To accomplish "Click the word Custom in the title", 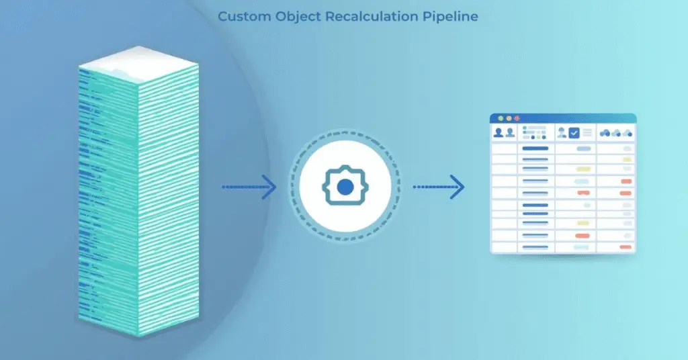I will point(244,16).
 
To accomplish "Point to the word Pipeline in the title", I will point(454,16).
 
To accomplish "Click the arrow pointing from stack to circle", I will point(249,187).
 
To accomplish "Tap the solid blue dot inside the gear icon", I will point(344,187).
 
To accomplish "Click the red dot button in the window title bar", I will point(517,118).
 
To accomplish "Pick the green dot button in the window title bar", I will point(500,118).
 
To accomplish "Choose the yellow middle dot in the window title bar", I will point(509,118).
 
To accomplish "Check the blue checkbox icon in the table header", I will point(574,133).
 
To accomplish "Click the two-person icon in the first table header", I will point(504,133).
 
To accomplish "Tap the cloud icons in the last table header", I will point(616,133).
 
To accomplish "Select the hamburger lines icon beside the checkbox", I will point(587,133).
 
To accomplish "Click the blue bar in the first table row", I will point(535,148).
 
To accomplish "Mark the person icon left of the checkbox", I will point(562,133).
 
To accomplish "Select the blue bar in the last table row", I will point(535,246).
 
